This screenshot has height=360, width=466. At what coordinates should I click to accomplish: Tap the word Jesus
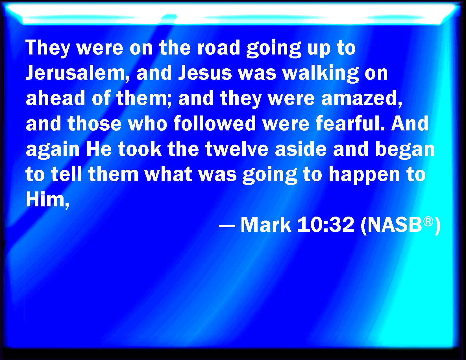205,73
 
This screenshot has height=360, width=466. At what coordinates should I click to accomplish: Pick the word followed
215,123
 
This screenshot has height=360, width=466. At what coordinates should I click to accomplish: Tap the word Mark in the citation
266,224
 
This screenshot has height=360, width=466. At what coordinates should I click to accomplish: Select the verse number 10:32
326,224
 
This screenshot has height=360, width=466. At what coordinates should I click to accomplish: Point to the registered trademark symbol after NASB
428,221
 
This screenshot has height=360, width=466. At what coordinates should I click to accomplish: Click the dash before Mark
227,226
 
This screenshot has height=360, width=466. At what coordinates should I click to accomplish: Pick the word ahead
56,98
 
